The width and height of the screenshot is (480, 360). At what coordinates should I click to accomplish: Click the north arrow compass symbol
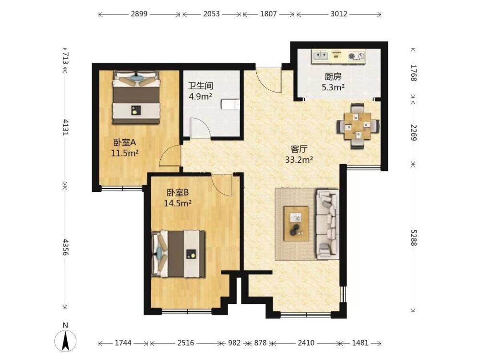pos(65,340)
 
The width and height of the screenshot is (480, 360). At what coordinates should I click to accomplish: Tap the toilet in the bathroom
pos(230,104)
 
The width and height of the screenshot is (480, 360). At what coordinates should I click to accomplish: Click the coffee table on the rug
pos(296,224)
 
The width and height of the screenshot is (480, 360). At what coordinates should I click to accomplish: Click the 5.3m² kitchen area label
pos(333,88)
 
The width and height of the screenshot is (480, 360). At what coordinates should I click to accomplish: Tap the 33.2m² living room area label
pos(299,159)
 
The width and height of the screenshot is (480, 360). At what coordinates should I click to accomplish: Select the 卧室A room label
pos(125,143)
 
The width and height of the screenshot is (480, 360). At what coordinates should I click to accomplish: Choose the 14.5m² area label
pos(178,203)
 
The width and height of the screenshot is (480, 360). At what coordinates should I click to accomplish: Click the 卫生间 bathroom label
pos(201,86)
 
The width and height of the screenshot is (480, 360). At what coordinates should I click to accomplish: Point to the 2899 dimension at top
pos(139,14)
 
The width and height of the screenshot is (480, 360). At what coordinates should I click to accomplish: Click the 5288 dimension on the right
pos(414,238)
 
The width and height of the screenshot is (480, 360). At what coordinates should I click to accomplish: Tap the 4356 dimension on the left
pos(65,247)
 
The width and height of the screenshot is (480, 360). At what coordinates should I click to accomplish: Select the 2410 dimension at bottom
pos(306,343)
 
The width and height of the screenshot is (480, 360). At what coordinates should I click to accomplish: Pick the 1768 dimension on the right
pos(414,72)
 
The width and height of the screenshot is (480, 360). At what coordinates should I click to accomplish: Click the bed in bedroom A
pos(136,97)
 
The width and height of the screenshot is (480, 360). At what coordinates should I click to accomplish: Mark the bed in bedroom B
pos(178,254)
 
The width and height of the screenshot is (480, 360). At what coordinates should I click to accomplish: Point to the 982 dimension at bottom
pos(234,343)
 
